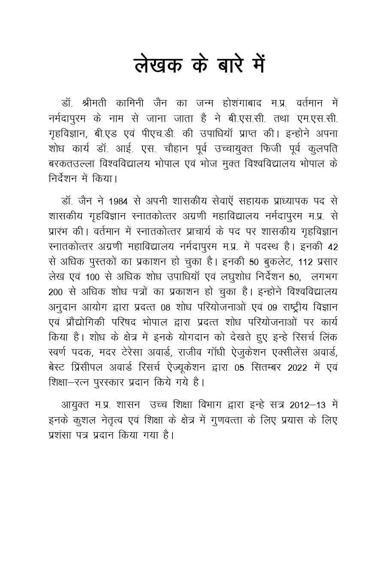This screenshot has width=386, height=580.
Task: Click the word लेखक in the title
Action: (x=159, y=65)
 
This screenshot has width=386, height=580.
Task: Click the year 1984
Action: (x=118, y=202)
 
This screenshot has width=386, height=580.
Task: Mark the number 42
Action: (x=332, y=247)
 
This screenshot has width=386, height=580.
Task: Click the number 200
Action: (x=56, y=292)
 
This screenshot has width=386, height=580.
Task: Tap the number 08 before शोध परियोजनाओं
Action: (x=166, y=308)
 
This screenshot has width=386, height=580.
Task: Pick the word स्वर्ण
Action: (x=59, y=353)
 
